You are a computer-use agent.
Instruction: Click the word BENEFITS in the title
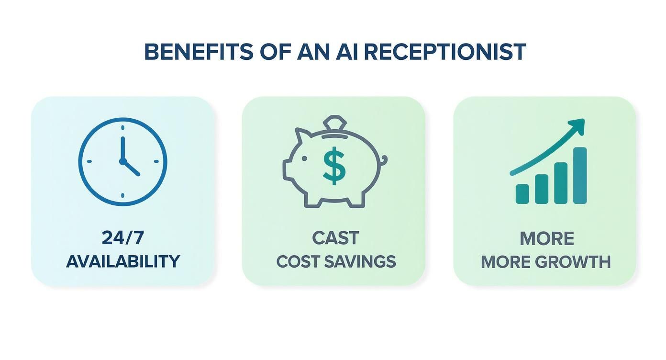[x=199, y=52]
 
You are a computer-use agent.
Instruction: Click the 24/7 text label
[x=122, y=237]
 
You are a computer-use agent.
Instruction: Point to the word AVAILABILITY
[x=123, y=261]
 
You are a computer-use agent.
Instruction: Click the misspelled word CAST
[x=335, y=237]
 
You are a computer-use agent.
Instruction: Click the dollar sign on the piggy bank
[x=334, y=165]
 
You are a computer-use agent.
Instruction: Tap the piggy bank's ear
[x=301, y=136]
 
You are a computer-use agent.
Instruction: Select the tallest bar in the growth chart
[x=579, y=175]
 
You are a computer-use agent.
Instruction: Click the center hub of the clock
[x=122, y=161]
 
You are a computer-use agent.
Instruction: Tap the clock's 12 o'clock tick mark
[x=122, y=127]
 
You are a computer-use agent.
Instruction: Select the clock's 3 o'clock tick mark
[x=156, y=161]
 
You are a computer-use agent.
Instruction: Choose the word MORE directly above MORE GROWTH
[x=546, y=238]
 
